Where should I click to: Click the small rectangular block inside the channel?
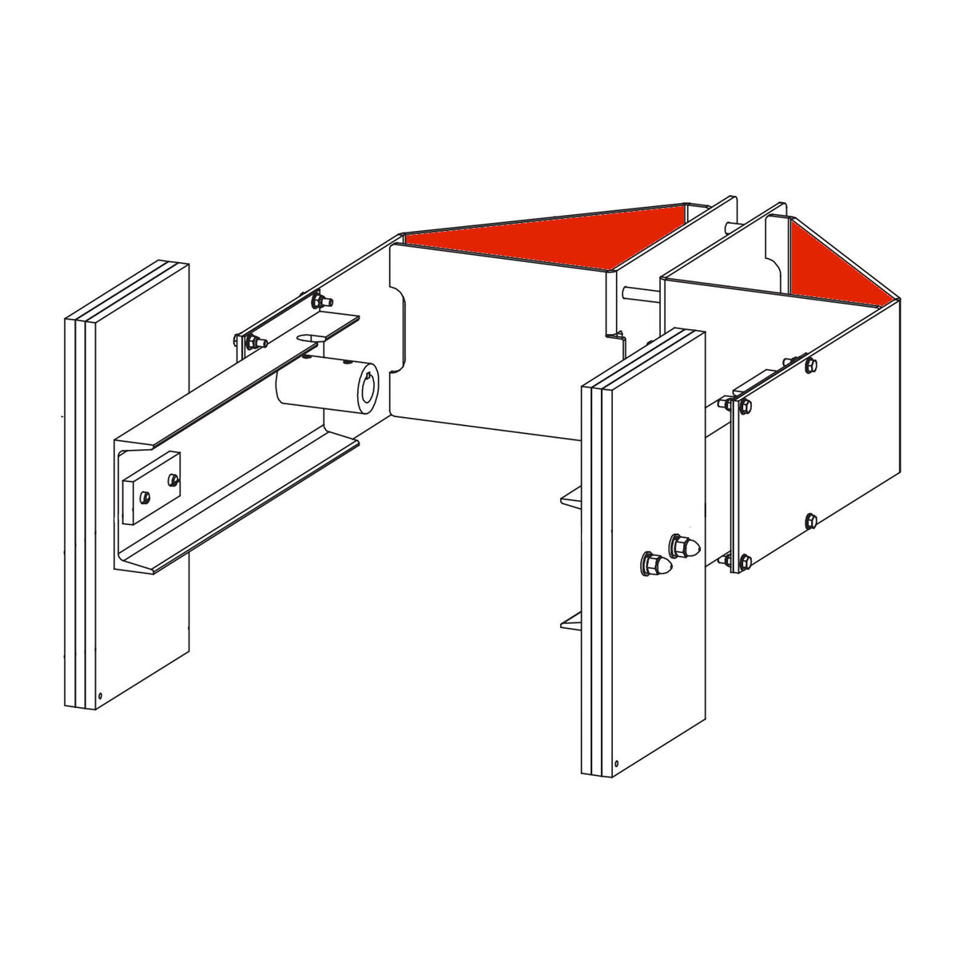coord(152,487)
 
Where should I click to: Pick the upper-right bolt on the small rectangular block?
coord(172,479)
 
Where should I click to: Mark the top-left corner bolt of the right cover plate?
coord(745,407)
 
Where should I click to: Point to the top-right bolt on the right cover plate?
coord(810,365)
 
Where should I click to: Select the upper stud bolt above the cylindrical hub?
coord(320,300)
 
